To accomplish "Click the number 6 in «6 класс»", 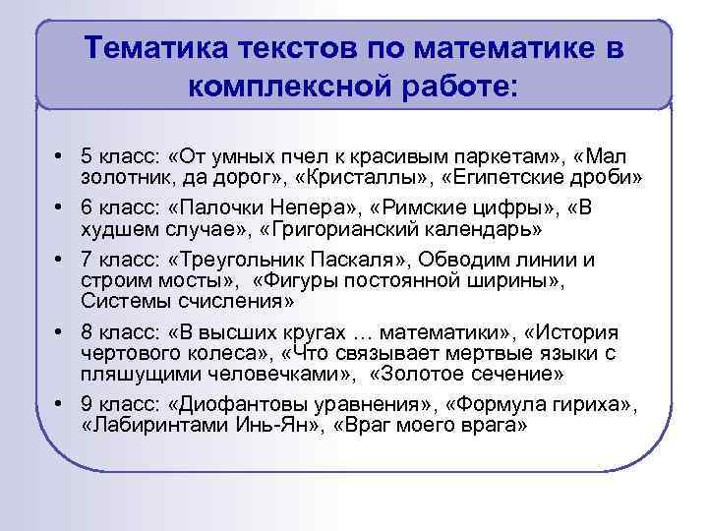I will [87, 207].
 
